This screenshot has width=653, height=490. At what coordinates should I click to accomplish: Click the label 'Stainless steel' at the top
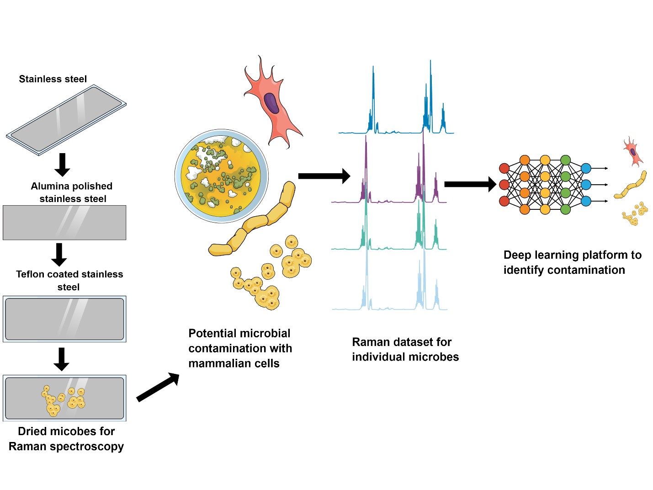(53, 79)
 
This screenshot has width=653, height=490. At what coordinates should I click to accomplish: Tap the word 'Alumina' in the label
(48, 186)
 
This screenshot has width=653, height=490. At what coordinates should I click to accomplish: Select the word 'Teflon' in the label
(30, 274)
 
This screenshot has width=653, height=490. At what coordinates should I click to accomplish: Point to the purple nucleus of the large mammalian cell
(271, 103)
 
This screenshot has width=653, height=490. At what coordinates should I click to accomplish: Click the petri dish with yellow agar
(222, 176)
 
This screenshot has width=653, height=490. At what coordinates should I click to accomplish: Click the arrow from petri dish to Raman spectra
(324, 176)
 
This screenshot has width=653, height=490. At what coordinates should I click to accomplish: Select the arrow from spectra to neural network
(470, 184)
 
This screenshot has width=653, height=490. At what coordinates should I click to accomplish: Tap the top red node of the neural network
(504, 168)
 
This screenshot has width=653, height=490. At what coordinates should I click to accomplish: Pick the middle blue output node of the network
(586, 185)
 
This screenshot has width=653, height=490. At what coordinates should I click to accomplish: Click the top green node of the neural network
(565, 160)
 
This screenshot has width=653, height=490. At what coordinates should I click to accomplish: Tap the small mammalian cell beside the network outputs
(633, 151)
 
